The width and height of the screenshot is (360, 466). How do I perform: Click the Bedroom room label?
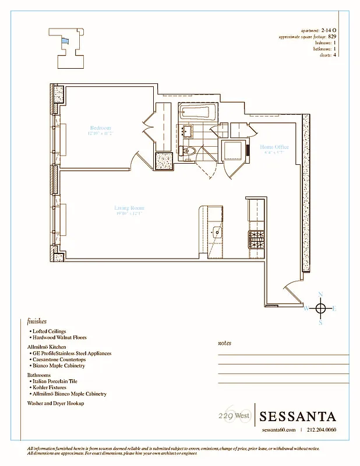pos(100,128)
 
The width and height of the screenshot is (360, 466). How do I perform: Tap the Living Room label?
pos(129,208)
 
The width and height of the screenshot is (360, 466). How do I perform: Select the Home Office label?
pos(274,147)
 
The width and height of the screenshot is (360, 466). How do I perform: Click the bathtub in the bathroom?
pos(197,112)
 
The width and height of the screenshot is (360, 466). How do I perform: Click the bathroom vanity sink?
pos(188,131)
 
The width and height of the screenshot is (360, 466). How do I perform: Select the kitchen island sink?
pos(217,232)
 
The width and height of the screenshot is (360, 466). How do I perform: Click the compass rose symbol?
pos(320,308)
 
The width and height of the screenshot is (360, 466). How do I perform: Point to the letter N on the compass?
pos(320,294)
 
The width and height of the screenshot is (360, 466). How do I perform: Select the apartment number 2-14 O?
pos(328,30)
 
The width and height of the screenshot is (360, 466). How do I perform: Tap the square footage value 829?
pos(332,37)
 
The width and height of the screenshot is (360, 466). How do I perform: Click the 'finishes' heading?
pos(37,321)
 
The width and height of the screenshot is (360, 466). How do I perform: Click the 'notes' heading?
pos(224,343)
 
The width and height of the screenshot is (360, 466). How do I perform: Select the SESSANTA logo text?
pos(298,416)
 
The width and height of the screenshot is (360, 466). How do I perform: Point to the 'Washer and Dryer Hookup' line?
pos(56,403)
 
